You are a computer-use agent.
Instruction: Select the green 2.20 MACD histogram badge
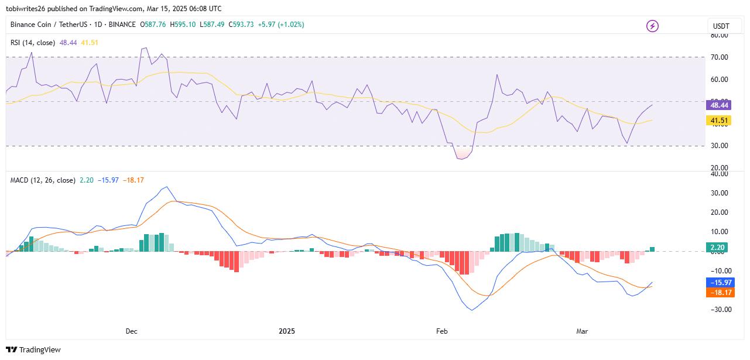717,248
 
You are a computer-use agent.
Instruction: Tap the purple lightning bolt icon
652,26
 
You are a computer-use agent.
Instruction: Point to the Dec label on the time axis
131,331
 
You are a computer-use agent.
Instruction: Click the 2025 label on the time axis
287,331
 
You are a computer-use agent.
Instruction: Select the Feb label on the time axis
441,331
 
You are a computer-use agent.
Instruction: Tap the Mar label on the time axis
582,331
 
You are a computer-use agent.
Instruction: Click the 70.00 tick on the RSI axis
719,57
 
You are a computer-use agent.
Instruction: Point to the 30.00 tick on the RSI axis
719,146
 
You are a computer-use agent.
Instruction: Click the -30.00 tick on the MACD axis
718,310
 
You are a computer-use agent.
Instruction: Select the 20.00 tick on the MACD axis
719,212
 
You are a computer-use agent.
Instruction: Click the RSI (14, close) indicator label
33,43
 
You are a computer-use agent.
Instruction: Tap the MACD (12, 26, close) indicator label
43,180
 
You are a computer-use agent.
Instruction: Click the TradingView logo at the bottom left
34,349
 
